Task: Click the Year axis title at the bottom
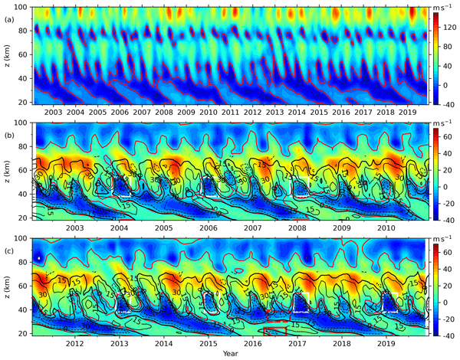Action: point(231,354)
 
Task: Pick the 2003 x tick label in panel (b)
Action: point(74,227)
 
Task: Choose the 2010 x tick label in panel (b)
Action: point(386,227)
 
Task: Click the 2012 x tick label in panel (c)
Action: point(74,343)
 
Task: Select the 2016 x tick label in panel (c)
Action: point(253,343)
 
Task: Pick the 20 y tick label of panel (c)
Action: point(25,333)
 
